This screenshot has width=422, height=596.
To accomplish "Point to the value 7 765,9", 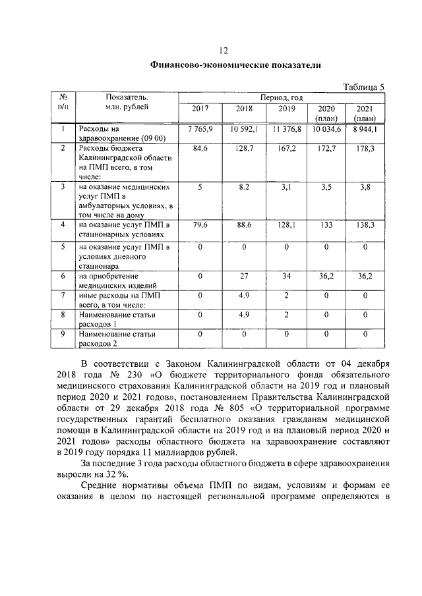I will point(200,129).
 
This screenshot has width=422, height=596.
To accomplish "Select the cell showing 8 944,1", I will point(365,129).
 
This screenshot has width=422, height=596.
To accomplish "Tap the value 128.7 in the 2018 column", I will point(244,149).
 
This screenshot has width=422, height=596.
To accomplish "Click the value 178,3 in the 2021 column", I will point(365,149).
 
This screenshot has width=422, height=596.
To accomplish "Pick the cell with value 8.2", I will point(244,188).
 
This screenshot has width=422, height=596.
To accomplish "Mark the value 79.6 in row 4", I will point(200,226).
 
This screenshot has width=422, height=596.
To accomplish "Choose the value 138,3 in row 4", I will point(365,226).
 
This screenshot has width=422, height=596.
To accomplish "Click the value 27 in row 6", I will point(244,277).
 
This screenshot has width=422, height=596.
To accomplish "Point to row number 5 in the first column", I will point(63,247).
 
